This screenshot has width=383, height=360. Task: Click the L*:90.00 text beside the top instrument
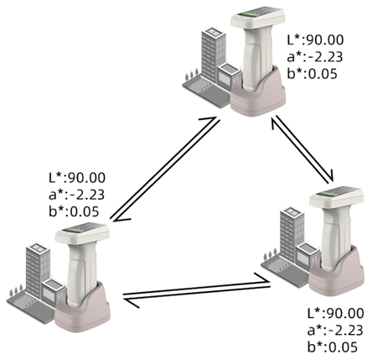[x=315, y=40]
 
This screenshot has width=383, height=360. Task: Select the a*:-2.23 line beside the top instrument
[x=314, y=57]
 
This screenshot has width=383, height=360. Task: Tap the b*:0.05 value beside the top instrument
[x=312, y=74]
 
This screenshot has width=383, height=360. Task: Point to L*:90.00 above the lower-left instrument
[x=77, y=178]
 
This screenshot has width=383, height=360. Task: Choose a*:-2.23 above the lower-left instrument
[x=76, y=195]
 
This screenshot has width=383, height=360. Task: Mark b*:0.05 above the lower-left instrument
[x=74, y=211]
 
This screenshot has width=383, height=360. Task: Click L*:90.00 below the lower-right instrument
[x=335, y=313]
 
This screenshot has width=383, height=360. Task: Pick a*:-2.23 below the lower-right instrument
[x=335, y=331]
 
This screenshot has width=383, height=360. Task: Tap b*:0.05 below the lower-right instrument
[x=333, y=347]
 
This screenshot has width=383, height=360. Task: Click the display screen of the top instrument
[x=256, y=12]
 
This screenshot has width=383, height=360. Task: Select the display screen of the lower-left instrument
[x=81, y=227]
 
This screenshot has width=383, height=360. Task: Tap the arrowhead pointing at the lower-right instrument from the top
[x=331, y=175]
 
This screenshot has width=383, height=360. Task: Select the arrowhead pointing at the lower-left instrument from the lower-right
[x=132, y=303]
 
